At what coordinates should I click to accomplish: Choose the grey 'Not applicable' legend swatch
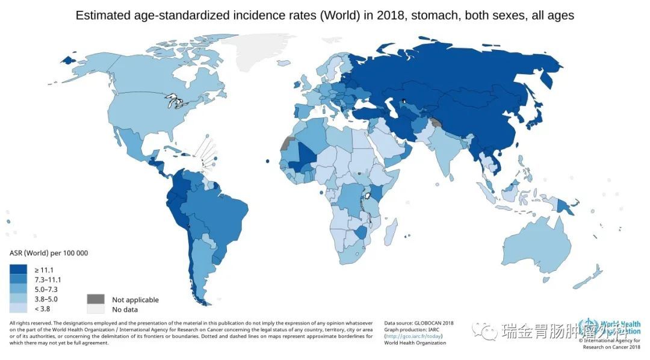click(x=95, y=299)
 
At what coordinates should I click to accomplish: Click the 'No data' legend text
click(x=125, y=309)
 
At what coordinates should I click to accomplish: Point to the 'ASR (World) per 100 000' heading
click(x=49, y=253)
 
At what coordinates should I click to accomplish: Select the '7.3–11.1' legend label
click(x=49, y=280)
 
